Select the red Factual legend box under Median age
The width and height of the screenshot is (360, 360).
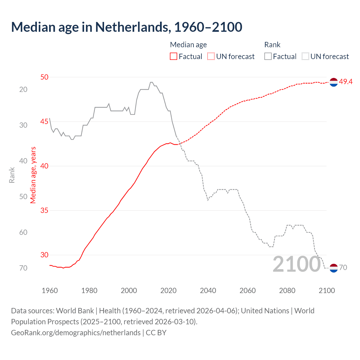(174, 57)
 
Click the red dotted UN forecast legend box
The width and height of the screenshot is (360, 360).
(211, 57)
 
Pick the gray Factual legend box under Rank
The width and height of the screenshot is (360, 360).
(268, 57)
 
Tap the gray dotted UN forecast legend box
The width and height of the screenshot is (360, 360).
(305, 57)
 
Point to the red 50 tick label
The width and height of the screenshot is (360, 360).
(44, 77)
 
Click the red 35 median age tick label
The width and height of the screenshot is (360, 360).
(44, 210)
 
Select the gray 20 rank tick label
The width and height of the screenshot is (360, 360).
(23, 89)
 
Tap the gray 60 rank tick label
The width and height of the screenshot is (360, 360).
(23, 232)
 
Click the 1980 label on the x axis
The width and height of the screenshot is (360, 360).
(89, 291)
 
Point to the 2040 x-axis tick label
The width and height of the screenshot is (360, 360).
(208, 291)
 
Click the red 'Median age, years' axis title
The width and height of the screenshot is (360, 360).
(33, 175)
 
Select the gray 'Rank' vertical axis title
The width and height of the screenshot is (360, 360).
(12, 175)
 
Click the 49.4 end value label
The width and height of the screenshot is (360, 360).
(346, 82)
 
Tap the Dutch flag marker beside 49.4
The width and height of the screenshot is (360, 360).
(334, 82)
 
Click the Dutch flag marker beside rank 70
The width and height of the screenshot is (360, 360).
(334, 268)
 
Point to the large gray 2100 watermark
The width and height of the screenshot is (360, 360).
(297, 264)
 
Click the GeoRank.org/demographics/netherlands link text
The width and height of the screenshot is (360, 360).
(76, 333)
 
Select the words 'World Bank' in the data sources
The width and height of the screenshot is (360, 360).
(75, 311)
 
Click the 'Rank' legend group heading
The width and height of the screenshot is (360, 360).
(272, 45)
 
